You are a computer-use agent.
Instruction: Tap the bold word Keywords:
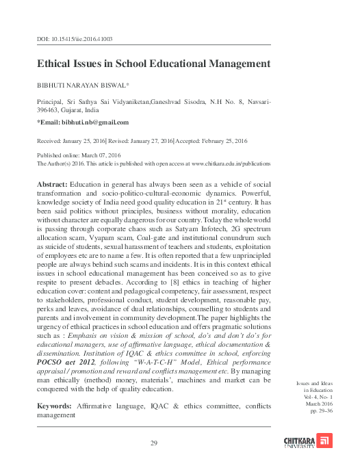point(57,406)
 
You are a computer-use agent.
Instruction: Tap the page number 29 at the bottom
point(154,443)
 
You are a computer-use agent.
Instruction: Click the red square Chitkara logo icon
point(327,439)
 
